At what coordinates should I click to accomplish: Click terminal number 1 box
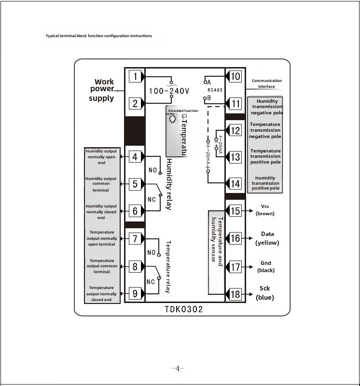pyautogui.click(x=136, y=77)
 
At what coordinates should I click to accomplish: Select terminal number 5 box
pyautogui.click(x=135, y=184)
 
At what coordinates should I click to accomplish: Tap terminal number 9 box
pyautogui.click(x=135, y=292)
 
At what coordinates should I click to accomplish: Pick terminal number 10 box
pyautogui.click(x=235, y=77)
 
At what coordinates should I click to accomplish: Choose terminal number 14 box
pyautogui.click(x=235, y=184)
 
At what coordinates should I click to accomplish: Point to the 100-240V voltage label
pyautogui.click(x=169, y=91)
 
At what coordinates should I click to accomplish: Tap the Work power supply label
pyautogui.click(x=103, y=90)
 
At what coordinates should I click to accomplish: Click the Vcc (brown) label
pyautogui.click(x=265, y=210)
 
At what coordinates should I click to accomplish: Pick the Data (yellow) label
pyautogui.click(x=267, y=238)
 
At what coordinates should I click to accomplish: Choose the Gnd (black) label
pyautogui.click(x=266, y=267)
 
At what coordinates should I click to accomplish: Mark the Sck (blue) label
pyautogui.click(x=265, y=293)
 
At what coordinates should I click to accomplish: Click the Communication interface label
pyautogui.click(x=266, y=83)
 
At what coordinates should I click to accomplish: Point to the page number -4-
pyautogui.click(x=178, y=369)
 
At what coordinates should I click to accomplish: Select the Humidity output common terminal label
pyautogui.click(x=101, y=184)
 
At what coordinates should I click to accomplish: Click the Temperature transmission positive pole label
pyautogui.click(x=265, y=156)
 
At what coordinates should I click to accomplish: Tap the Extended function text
pyautogui.click(x=183, y=111)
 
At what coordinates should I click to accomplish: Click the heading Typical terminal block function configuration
pyautogui.click(x=99, y=36)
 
